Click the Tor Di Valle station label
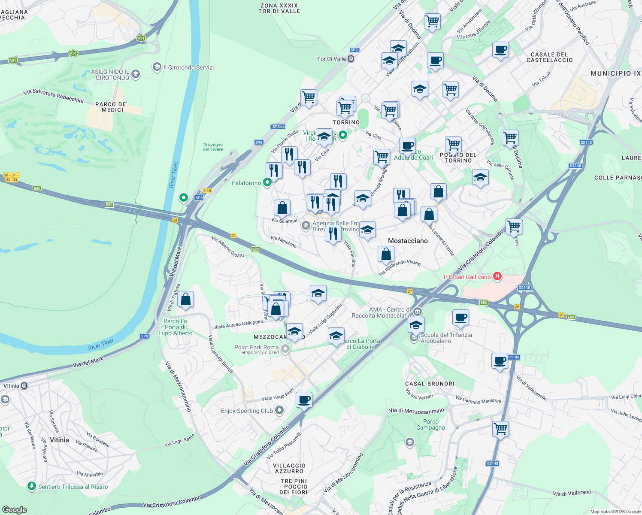tap(331, 59)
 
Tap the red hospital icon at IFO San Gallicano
tap(497, 276)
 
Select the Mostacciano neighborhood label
tap(408, 241)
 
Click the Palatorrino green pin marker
tap(267, 183)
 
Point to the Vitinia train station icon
tap(24, 385)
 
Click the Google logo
tap(14, 509)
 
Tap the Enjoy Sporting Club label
tap(247, 411)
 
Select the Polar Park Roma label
tap(257, 347)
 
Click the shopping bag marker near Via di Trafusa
tap(186, 299)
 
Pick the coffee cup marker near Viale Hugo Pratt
tap(304, 400)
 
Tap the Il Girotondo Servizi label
tap(188, 67)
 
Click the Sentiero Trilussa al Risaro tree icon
tap(31, 486)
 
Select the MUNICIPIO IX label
tap(615, 73)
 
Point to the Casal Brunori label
tap(430, 384)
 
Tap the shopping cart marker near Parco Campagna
tap(501, 428)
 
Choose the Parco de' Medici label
tap(112, 107)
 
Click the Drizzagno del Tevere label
tap(213, 147)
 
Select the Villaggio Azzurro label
tap(289, 468)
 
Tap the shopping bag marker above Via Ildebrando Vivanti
tap(386, 254)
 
